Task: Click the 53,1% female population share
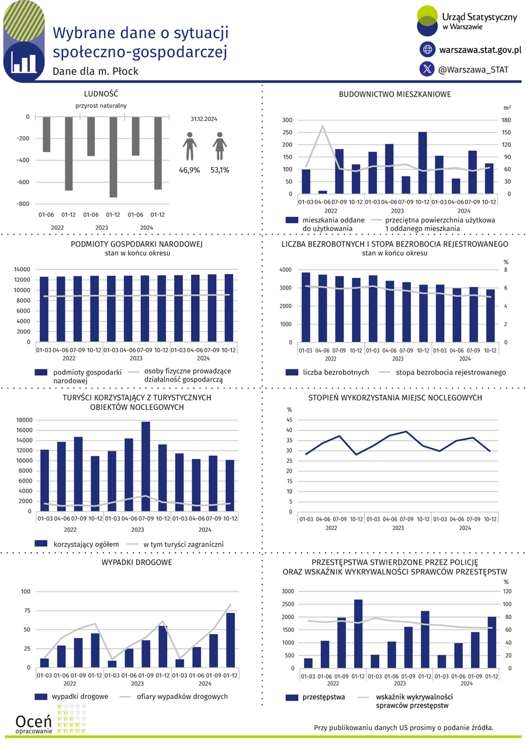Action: click(220, 170)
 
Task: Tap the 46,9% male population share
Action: click(189, 170)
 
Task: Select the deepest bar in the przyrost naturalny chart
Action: click(113, 157)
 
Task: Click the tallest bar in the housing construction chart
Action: click(423, 162)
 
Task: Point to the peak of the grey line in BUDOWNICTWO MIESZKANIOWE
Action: click(323, 126)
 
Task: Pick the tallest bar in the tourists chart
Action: click(146, 466)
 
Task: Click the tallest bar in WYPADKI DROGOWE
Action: click(230, 640)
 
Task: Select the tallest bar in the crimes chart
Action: click(358, 634)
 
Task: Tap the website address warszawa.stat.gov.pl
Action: click(480, 50)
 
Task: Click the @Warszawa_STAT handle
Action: click(473, 70)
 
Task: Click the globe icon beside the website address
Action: click(427, 50)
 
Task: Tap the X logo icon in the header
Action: click(427, 69)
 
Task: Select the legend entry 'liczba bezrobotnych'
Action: click(335, 372)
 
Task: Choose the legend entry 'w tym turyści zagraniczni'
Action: click(184, 544)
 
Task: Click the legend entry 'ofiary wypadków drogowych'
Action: click(182, 697)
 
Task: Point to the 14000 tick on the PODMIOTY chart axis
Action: click(22, 269)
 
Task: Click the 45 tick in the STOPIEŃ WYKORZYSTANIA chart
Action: click(289, 420)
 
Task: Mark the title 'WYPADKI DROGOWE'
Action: click(137, 562)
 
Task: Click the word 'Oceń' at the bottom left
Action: click(33, 721)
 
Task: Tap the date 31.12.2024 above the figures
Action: click(204, 119)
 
